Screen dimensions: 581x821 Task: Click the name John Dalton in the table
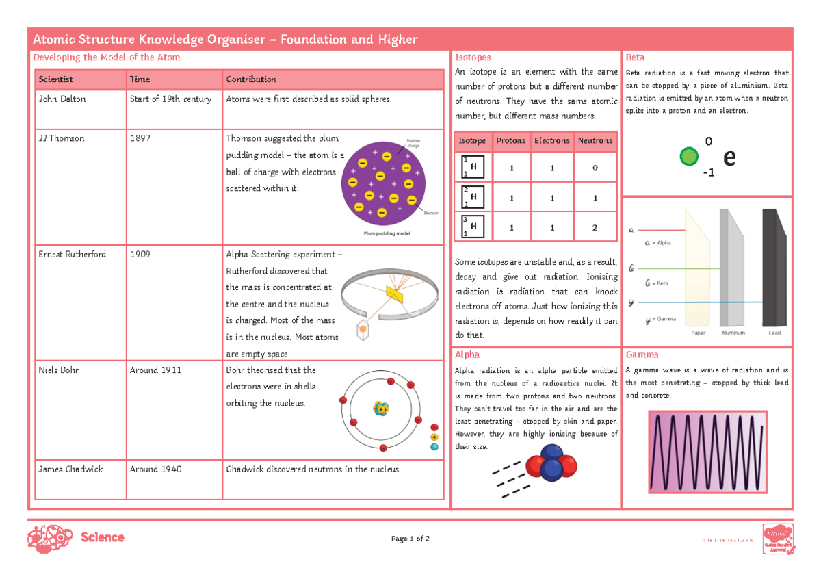click(62, 99)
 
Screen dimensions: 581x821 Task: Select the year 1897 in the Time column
click(140, 138)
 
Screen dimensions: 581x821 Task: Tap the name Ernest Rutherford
click(72, 255)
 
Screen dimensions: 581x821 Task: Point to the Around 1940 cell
click(155, 469)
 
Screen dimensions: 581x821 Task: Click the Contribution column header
click(251, 79)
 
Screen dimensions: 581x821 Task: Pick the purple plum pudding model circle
click(387, 183)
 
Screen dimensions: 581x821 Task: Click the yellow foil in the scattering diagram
click(395, 294)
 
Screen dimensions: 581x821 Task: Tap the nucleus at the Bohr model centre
click(380, 409)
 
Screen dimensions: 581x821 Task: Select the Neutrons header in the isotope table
click(595, 141)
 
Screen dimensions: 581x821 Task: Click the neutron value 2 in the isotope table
click(595, 228)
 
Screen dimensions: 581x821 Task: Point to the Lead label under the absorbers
click(774, 333)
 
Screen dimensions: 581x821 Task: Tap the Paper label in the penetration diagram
click(699, 333)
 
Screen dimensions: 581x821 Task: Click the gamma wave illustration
click(707, 452)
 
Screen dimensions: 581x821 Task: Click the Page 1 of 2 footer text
click(410, 539)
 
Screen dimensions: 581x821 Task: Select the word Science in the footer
click(103, 538)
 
